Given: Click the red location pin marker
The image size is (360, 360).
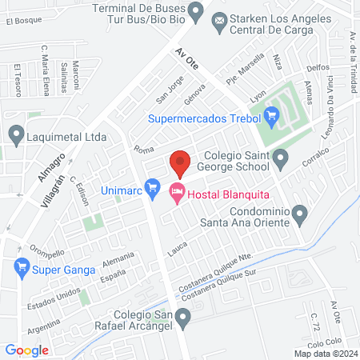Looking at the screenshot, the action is [180, 162].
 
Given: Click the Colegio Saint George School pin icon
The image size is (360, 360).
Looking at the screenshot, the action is [280, 161].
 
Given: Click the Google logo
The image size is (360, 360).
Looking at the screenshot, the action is [26, 350].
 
